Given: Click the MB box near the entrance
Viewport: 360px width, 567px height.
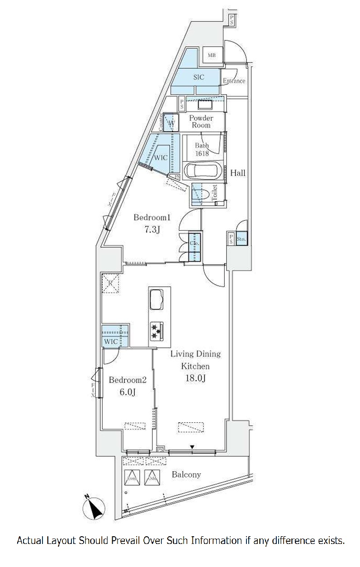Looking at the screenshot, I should [212, 56].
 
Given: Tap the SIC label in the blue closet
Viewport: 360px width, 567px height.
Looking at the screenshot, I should [199, 77].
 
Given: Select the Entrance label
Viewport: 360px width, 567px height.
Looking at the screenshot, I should [234, 81].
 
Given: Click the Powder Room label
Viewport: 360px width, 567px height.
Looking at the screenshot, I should [201, 121].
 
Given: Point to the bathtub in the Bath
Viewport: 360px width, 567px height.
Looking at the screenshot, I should [202, 172].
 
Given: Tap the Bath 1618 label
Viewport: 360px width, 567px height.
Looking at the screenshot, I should [201, 149].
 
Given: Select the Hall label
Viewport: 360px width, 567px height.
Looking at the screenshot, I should [238, 173].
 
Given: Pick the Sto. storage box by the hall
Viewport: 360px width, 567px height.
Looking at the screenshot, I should [241, 238].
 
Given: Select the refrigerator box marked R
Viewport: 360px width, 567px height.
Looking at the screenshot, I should [110, 284].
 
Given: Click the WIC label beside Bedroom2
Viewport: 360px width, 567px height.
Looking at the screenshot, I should [111, 341].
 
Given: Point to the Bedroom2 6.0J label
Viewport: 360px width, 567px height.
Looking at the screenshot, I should [127, 386].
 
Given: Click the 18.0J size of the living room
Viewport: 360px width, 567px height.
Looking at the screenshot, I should [195, 378].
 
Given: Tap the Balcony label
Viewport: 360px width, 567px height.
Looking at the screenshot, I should [186, 475].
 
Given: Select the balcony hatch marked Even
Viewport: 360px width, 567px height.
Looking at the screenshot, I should [132, 478].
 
